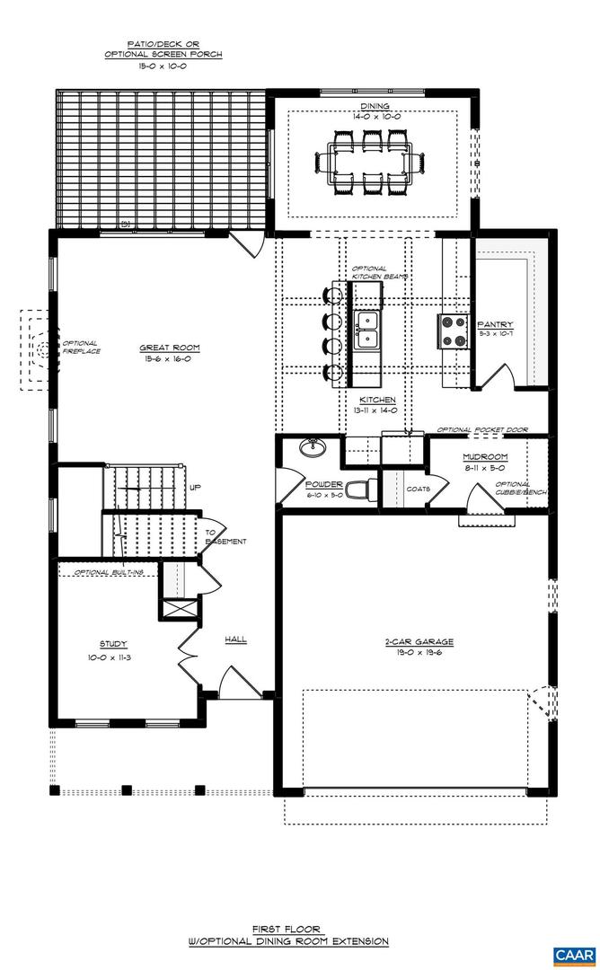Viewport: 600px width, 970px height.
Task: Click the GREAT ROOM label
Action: [169, 348]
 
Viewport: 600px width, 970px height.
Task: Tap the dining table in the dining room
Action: [369, 163]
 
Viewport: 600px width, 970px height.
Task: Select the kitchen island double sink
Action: [366, 330]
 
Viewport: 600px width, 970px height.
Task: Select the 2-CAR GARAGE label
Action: [419, 642]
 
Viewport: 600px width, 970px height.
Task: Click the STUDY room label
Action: [113, 644]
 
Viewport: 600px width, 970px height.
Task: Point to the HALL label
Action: [235, 639]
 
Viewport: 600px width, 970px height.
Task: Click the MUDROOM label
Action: [485, 456]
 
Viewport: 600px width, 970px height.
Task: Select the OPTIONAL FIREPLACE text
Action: [81, 347]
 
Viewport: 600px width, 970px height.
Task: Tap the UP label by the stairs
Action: [195, 488]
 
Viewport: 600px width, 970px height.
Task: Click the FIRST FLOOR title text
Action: [287, 929]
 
